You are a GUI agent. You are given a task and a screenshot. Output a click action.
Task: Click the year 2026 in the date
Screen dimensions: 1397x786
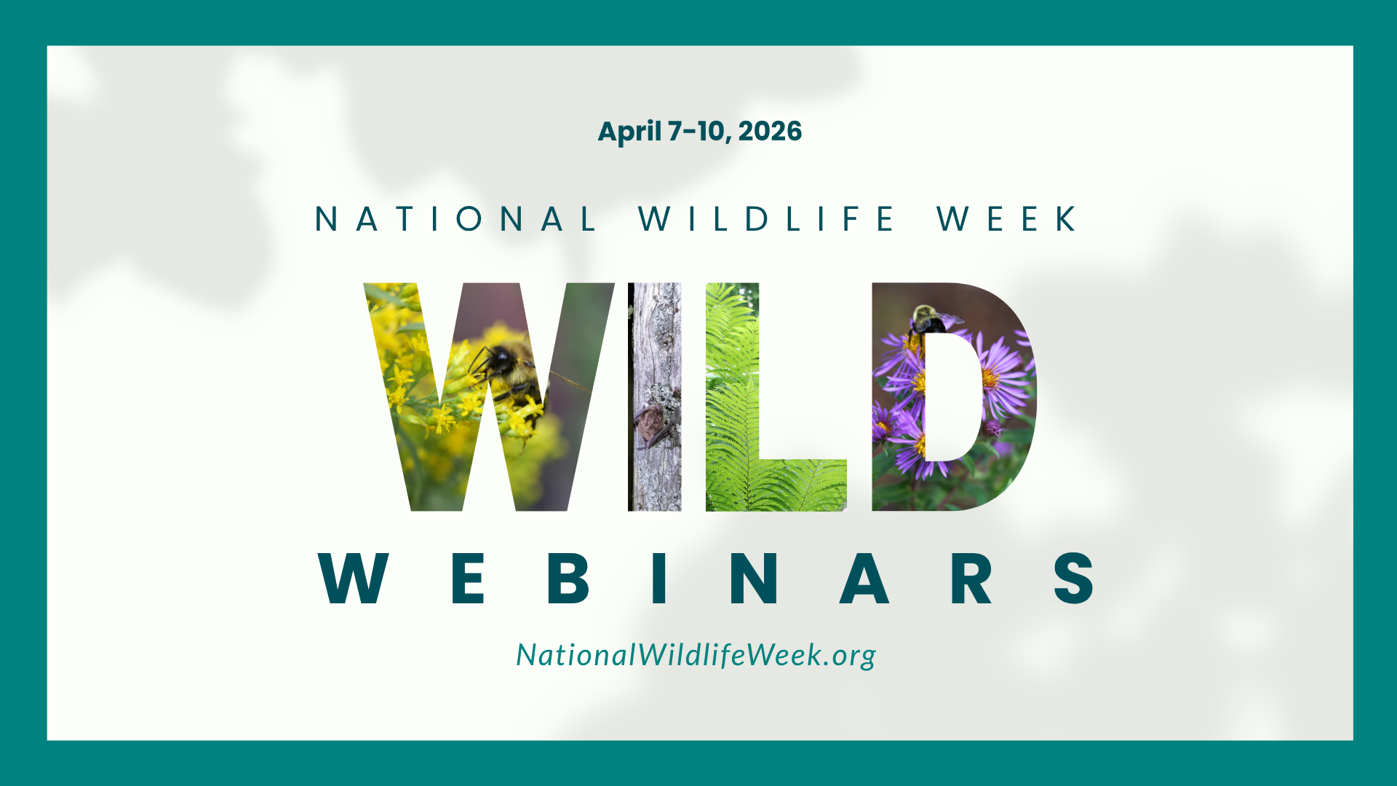click(770, 132)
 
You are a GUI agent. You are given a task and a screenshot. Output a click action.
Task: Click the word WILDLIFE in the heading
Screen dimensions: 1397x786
click(767, 219)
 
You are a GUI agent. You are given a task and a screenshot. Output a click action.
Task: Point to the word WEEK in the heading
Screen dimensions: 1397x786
click(1007, 219)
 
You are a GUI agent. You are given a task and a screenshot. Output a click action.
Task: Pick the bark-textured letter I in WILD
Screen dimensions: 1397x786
click(655, 397)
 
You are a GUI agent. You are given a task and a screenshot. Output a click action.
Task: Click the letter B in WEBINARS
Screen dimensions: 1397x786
click(568, 579)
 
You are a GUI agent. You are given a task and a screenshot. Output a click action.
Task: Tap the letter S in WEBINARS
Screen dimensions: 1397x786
click(1074, 579)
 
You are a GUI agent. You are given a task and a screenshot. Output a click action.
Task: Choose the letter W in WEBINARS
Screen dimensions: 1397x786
click(354, 579)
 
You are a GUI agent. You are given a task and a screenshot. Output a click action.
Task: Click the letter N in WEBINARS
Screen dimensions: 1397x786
click(755, 579)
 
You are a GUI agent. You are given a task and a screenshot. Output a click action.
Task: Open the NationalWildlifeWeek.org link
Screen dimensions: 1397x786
click(696, 655)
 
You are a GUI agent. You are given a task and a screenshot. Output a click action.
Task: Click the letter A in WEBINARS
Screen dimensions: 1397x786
click(864, 579)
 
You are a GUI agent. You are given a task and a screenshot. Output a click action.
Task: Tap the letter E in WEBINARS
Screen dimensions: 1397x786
click(468, 579)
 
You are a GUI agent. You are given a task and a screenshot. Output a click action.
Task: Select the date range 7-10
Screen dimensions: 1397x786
click(699, 132)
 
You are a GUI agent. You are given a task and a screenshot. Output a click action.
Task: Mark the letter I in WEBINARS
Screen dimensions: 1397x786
click(660, 579)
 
